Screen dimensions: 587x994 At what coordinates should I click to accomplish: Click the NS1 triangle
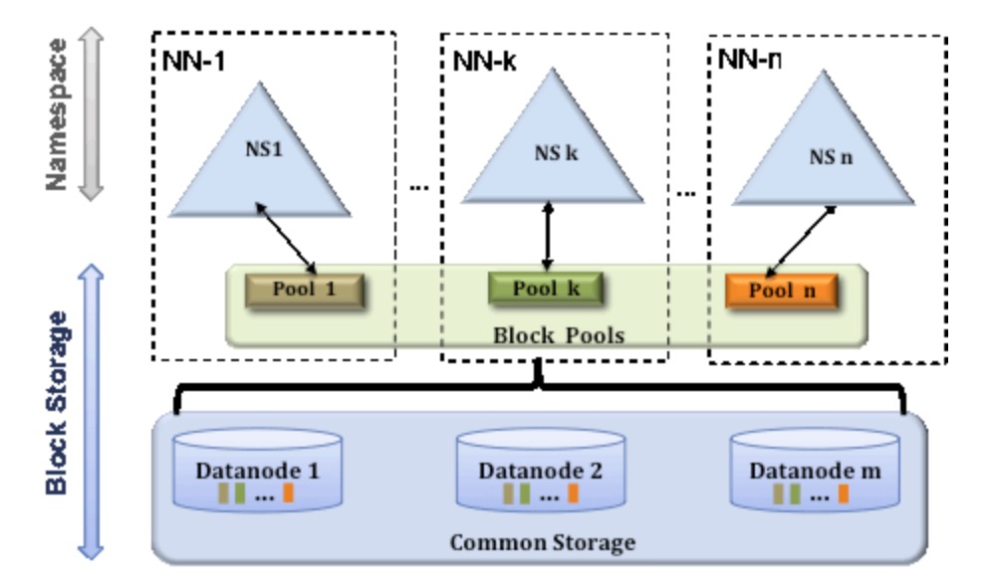tap(258, 159)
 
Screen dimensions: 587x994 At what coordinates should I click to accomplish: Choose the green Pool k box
tap(546, 290)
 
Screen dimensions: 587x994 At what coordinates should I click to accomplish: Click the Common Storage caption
tap(542, 543)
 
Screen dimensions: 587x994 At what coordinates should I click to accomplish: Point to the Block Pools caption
tap(559, 334)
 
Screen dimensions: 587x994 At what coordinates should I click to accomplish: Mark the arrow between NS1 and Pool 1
tap(286, 236)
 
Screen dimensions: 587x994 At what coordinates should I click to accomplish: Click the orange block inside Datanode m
tap(843, 492)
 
